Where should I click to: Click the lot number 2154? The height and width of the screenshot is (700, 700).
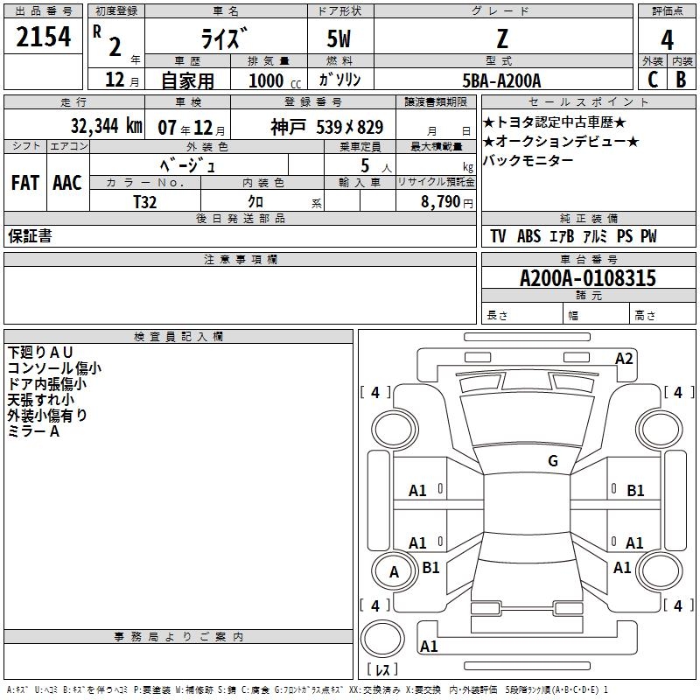[x=44, y=38]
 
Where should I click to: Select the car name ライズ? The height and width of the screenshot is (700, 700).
[x=225, y=38]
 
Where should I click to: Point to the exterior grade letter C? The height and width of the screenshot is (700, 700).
[x=652, y=79]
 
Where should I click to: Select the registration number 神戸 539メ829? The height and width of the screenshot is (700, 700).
[x=326, y=126]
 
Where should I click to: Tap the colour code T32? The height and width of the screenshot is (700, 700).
[x=145, y=200]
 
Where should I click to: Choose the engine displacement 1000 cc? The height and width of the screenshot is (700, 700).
[x=273, y=80]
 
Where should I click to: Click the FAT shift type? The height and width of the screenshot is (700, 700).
[x=26, y=182]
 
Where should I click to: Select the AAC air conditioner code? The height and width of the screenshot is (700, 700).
[x=67, y=182]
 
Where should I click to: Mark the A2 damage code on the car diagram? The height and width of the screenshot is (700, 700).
[x=624, y=358]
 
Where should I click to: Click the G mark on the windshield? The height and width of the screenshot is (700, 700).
[x=552, y=461]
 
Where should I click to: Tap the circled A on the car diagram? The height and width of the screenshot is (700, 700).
[x=394, y=572]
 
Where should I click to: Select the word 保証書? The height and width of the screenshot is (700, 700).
[x=30, y=236]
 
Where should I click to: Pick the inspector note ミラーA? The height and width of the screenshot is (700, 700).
[x=33, y=431]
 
